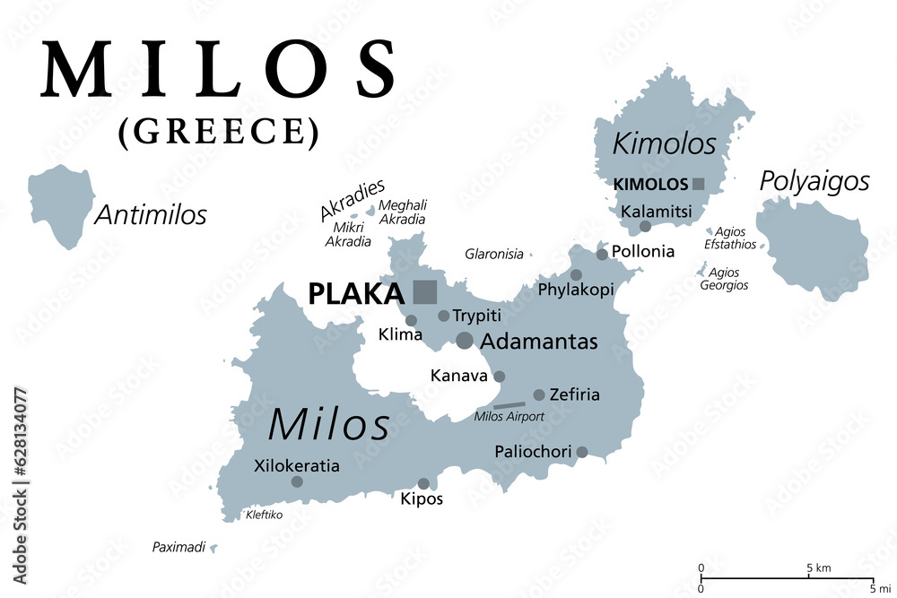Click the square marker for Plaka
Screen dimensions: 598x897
pyautogui.click(x=425, y=292)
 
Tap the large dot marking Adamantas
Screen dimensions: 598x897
pyautogui.click(x=465, y=340)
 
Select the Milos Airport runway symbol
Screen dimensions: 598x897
pyautogui.click(x=509, y=405)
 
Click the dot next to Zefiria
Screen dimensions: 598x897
pyautogui.click(x=539, y=394)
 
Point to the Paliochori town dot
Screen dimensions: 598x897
pyautogui.click(x=582, y=452)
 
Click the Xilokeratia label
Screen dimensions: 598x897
pyautogui.click(x=297, y=466)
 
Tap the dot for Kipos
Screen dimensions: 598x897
pyautogui.click(x=423, y=483)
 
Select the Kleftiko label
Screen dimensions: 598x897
pyautogui.click(x=264, y=516)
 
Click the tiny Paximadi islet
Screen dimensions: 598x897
pyautogui.click(x=213, y=547)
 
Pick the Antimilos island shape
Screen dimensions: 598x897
pyautogui.click(x=61, y=205)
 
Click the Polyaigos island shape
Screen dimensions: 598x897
pyautogui.click(x=813, y=247)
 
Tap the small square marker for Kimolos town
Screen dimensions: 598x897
pyautogui.click(x=699, y=184)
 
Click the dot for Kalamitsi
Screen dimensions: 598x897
pyautogui.click(x=645, y=226)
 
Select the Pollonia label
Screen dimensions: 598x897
pyautogui.click(x=642, y=252)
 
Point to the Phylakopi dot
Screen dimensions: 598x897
pyautogui.click(x=576, y=275)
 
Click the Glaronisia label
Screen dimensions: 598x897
pyautogui.click(x=493, y=254)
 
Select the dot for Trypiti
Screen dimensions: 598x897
pyautogui.click(x=443, y=316)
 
